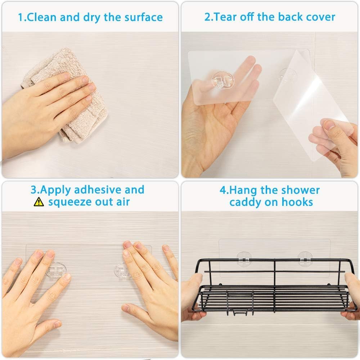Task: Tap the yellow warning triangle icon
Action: coord(39,202)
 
